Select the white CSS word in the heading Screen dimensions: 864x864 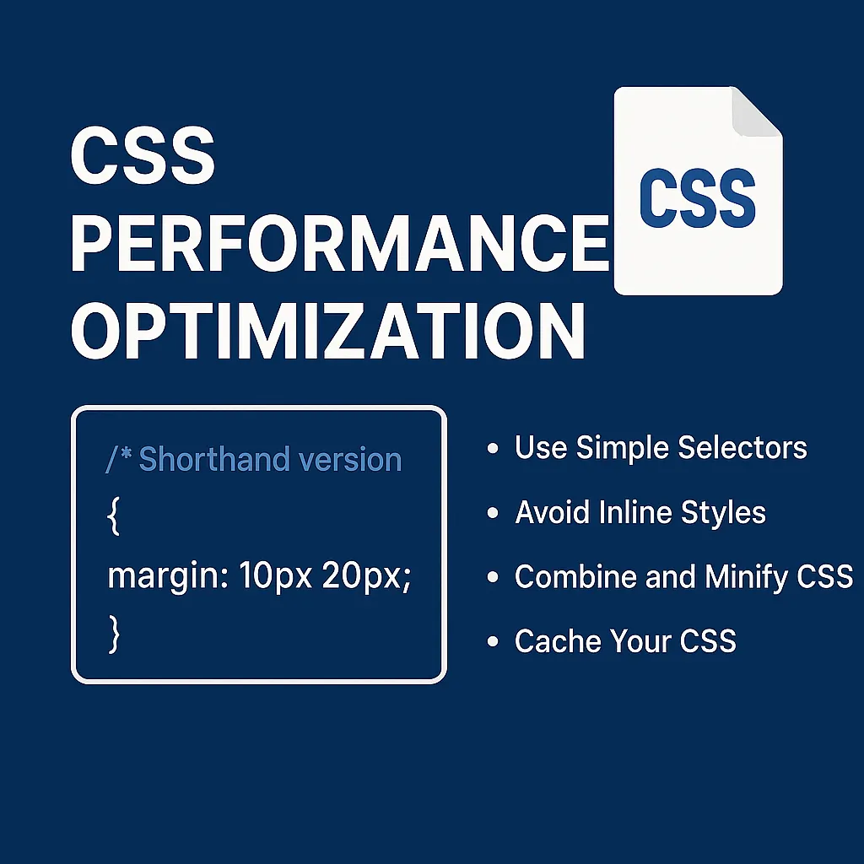coord(143,157)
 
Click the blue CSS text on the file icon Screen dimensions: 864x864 coord(697,198)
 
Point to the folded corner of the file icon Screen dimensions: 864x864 coord(756,113)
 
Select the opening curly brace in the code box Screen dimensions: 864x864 coord(115,518)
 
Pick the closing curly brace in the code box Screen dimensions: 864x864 coord(115,634)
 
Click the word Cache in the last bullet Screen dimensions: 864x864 coord(551,641)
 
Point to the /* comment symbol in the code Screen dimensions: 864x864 coord(119,459)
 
